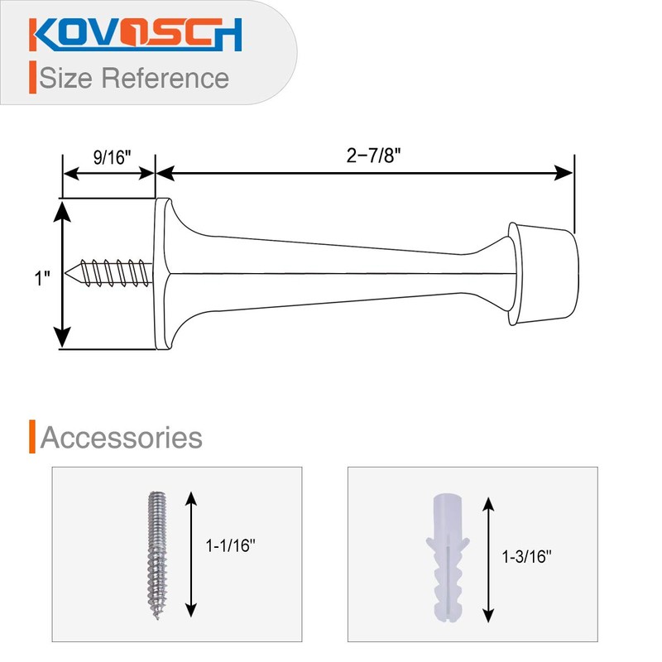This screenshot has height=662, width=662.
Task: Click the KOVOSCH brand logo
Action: [137, 34]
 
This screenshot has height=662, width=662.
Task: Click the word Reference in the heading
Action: [165, 78]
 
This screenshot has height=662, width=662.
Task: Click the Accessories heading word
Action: [122, 438]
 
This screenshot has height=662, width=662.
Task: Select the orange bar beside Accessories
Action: [31, 437]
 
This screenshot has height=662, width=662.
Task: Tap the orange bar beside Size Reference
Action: [31, 77]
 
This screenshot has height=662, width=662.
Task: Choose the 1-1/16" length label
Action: [230, 546]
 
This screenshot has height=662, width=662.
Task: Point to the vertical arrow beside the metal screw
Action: [191, 554]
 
